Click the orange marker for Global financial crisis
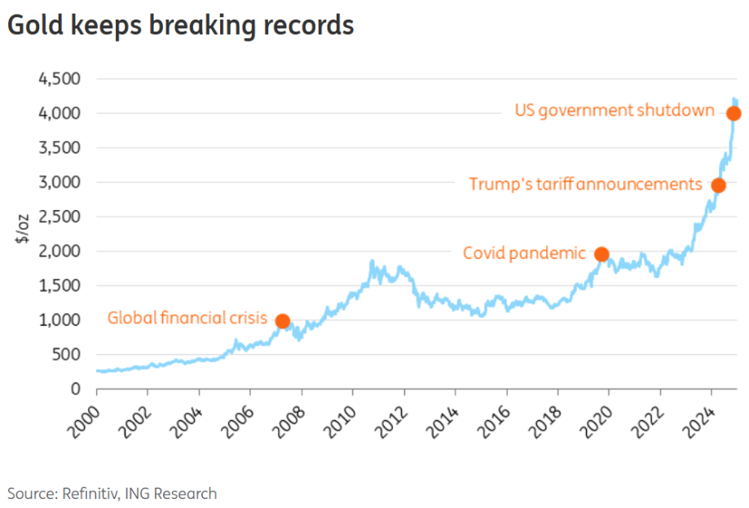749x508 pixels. (283, 322)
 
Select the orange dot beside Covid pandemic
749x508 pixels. (601, 255)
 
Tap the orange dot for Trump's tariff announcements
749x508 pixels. (718, 186)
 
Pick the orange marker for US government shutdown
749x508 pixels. (734, 113)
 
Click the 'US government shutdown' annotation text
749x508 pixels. (615, 110)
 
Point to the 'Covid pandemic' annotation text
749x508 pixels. (524, 253)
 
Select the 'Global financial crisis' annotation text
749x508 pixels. (187, 318)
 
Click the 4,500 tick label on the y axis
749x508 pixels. (59, 79)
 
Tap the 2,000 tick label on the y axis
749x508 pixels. (59, 252)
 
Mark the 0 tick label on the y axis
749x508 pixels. (76, 389)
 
